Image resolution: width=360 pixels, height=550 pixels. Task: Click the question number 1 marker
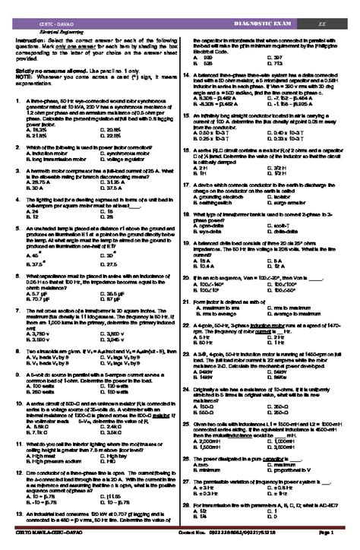click(18, 100)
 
